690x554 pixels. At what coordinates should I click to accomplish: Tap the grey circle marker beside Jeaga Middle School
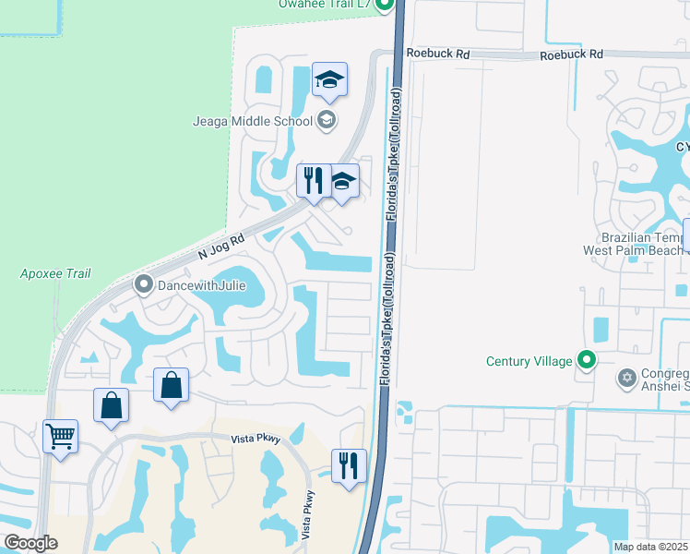(326, 120)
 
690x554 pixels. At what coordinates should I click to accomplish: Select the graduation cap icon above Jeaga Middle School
(329, 80)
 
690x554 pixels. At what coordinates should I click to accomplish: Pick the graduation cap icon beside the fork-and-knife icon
(343, 181)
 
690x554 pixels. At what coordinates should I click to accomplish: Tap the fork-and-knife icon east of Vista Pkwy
(349, 465)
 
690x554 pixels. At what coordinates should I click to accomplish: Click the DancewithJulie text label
(201, 285)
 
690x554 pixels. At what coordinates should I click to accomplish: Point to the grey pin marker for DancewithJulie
(143, 284)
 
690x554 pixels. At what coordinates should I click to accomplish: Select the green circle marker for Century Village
(587, 360)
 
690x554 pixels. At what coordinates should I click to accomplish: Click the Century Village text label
(529, 361)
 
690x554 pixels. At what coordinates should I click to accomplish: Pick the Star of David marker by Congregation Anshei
(628, 378)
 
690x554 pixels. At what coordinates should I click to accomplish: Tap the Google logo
(31, 543)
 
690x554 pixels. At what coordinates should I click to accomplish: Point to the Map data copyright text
(650, 547)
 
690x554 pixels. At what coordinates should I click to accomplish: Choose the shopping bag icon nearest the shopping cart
(112, 404)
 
